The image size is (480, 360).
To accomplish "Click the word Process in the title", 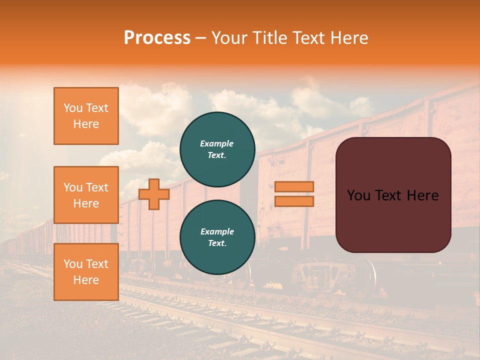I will click(x=157, y=38).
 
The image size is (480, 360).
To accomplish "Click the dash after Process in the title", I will click(x=201, y=39).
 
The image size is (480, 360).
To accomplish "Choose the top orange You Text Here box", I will click(x=86, y=116).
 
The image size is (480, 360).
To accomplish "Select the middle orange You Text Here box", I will click(x=86, y=195).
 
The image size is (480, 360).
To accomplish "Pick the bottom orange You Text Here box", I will click(x=86, y=272).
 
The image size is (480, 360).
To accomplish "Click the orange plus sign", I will click(x=154, y=194).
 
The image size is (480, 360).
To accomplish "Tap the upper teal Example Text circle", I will click(x=217, y=149).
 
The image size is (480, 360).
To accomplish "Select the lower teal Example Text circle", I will click(x=217, y=237).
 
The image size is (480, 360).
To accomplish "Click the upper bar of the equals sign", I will click(x=294, y=186).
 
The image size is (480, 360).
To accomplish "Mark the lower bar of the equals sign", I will click(x=294, y=201).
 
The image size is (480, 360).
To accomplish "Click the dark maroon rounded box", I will click(x=393, y=195).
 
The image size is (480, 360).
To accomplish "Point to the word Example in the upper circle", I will click(x=217, y=143).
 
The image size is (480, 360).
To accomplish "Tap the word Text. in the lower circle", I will click(x=217, y=243).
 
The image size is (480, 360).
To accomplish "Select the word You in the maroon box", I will click(x=358, y=195).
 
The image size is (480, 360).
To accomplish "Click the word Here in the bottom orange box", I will click(x=86, y=280).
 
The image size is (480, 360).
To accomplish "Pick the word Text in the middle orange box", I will click(x=96, y=187).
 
